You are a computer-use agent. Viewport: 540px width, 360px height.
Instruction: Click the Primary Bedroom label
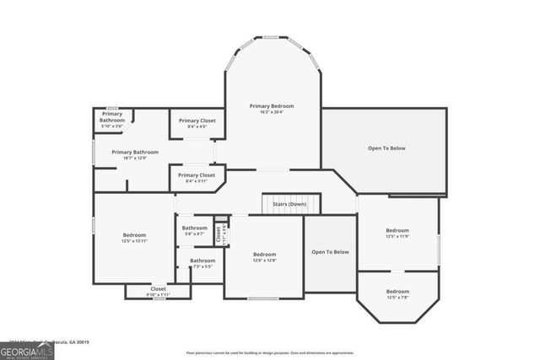(x=272, y=105)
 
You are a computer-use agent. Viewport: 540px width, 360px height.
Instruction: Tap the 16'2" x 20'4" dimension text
(x=272, y=112)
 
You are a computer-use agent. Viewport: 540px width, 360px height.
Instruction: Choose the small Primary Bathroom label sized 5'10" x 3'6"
(x=112, y=117)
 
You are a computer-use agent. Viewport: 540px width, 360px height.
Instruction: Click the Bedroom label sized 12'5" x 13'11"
(x=134, y=234)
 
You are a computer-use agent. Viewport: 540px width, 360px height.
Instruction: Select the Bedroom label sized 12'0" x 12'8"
(x=264, y=254)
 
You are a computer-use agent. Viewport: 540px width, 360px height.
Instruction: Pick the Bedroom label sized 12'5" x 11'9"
(x=397, y=230)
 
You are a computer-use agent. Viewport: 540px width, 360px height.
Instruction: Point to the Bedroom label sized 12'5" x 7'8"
(x=397, y=291)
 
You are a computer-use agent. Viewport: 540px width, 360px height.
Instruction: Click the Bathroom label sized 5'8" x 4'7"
(x=194, y=228)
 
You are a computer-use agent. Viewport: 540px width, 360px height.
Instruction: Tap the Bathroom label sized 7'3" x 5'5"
(x=202, y=261)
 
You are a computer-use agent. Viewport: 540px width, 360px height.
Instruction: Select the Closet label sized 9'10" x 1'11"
(x=158, y=288)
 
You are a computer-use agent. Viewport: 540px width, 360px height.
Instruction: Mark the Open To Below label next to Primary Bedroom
(x=386, y=148)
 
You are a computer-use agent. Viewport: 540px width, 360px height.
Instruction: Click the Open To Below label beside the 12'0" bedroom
(x=330, y=251)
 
